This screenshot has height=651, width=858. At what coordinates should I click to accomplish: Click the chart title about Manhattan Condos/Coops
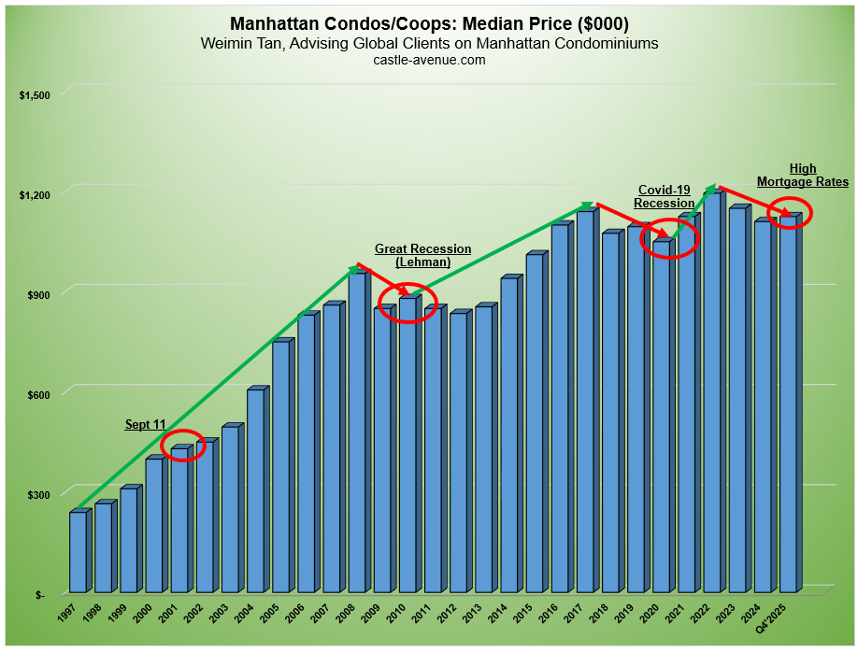[429, 23]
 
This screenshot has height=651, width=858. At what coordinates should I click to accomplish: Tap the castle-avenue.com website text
[429, 60]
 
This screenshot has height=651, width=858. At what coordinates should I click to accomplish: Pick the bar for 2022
[711, 392]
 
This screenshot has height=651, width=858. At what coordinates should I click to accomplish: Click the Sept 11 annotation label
[146, 424]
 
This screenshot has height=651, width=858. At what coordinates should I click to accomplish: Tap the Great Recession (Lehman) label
[422, 256]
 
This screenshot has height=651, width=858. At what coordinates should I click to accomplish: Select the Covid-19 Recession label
[664, 196]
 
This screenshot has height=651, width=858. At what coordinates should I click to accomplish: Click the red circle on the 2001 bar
[182, 445]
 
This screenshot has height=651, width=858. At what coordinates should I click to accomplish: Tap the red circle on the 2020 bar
[668, 239]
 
